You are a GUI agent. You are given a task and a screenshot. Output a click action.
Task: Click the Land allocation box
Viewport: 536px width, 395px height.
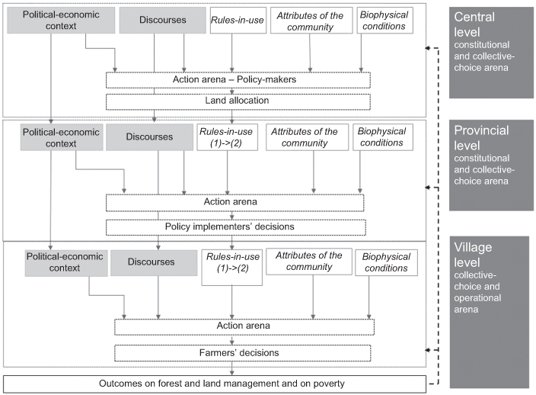238,101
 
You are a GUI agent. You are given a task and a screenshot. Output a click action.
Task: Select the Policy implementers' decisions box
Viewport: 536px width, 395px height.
238,226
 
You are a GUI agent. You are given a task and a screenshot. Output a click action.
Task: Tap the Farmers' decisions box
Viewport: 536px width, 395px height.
238,352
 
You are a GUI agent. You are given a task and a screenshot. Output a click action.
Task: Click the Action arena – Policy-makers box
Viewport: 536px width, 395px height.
238,80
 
